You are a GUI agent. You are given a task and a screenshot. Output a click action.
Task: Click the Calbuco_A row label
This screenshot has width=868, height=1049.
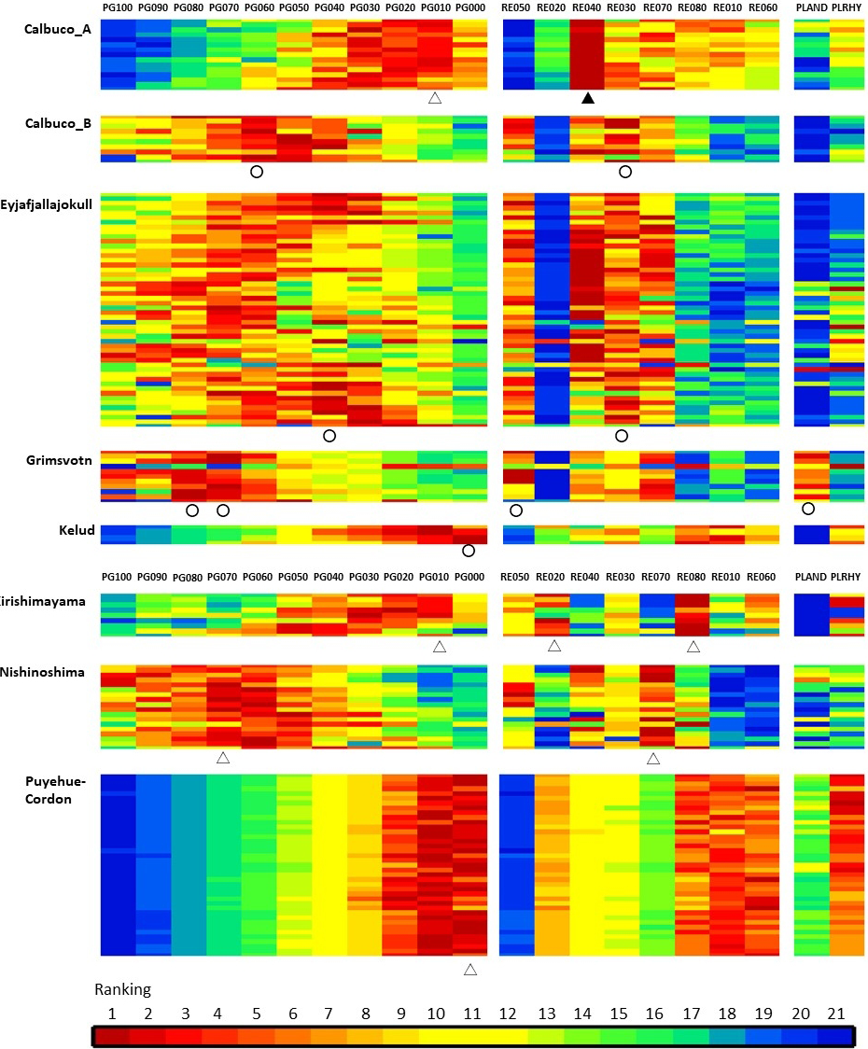57,29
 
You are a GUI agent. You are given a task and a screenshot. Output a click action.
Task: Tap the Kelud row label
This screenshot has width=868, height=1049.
77,531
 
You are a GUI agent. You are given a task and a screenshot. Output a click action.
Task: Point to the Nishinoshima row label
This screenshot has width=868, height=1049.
42,671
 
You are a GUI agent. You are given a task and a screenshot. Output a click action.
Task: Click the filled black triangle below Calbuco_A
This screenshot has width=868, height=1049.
587,98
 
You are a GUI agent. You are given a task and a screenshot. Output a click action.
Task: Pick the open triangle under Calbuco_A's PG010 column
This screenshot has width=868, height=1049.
434,98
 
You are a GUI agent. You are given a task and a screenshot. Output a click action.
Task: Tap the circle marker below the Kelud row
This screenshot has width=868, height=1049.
469,551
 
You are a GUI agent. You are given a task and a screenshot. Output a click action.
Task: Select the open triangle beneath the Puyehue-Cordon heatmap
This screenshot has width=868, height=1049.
470,970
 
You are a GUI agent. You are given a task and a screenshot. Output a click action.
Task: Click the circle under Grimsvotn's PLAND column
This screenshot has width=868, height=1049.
808,509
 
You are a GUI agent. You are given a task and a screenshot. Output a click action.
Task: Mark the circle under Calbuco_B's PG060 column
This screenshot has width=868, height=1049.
257,172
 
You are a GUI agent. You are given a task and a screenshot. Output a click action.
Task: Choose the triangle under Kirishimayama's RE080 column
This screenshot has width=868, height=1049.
693,646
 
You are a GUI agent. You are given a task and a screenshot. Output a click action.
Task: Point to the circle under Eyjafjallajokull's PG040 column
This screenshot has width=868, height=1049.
329,436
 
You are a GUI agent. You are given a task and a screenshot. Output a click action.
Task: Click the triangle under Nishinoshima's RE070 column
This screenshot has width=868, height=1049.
653,759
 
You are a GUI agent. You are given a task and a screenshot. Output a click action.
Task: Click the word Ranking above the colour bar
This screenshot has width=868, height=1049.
122,989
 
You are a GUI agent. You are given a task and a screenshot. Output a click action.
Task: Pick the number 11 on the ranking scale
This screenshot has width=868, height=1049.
470,1012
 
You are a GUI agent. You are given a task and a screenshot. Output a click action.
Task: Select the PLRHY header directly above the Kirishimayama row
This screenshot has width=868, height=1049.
847,578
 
